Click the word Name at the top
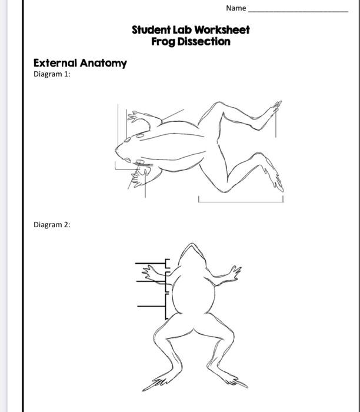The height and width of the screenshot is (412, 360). coord(235,8)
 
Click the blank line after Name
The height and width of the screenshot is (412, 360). coord(298,11)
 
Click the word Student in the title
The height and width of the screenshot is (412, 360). coord(150,29)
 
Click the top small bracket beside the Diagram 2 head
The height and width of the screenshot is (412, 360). coord(166,264)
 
